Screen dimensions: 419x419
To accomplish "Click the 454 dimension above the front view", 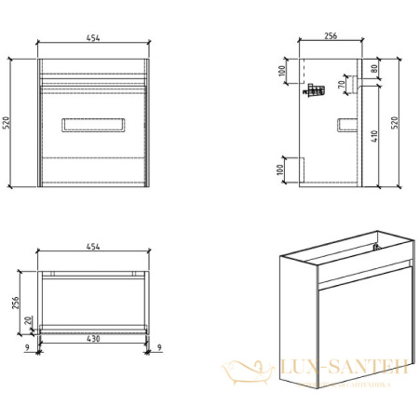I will [93, 36].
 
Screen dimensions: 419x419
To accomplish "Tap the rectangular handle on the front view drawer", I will [92, 126].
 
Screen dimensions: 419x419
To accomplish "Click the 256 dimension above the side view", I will [330, 35].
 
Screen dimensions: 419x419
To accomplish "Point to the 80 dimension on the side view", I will [375, 68].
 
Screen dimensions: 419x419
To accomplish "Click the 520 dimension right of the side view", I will [394, 124].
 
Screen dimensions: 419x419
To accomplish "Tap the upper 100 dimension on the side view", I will [283, 72].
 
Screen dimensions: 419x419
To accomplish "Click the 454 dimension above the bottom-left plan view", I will [92, 247].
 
